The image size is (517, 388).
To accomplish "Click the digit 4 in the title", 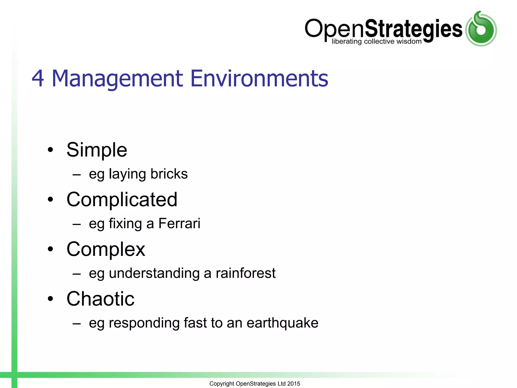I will coord(38,79).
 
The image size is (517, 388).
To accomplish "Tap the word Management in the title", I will coord(117,79).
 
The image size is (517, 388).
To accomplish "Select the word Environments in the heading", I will coord(259,79).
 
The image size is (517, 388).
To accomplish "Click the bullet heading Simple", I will coord(97,150).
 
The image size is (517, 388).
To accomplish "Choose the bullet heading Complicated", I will coord(122,200).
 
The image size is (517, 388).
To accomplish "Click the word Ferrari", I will coord(179,224).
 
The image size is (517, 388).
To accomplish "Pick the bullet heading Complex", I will coord(106,249).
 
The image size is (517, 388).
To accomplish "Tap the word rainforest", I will coord(245,273).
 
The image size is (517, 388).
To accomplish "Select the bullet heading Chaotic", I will coord(100,299).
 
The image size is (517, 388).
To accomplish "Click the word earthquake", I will coord(282,323).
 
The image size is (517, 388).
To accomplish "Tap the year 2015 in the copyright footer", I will coord(294,384).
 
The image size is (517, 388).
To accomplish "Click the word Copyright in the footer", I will coord(222,384).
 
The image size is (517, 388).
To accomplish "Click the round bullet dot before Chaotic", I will coord(50,299).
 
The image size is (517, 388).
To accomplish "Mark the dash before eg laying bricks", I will coord(76,174).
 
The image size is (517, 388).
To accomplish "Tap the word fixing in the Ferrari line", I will coord(125,224).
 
